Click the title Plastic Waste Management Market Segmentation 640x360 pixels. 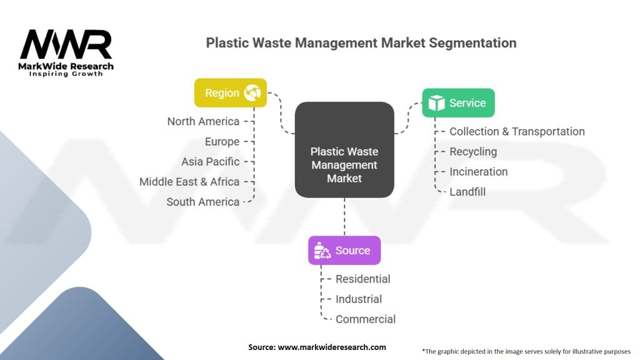tap(361, 43)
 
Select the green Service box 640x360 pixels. tap(458, 103)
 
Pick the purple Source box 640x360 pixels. tap(344, 251)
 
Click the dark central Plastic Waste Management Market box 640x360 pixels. tap(344, 165)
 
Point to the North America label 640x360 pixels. tap(203, 121)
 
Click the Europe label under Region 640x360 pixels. tap(222, 142)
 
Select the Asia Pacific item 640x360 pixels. tap(211, 162)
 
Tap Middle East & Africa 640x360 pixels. tap(189, 182)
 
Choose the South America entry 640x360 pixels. tap(203, 202)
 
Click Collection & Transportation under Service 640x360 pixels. tap(517, 132)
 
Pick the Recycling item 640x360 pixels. tap(473, 152)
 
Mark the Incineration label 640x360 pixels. tap(478, 172)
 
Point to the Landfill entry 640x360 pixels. tap(467, 192)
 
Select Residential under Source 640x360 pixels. tap(362, 279)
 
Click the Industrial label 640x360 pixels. tap(359, 299)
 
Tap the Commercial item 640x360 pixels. tap(366, 319)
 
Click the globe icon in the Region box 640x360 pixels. tap(252, 93)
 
